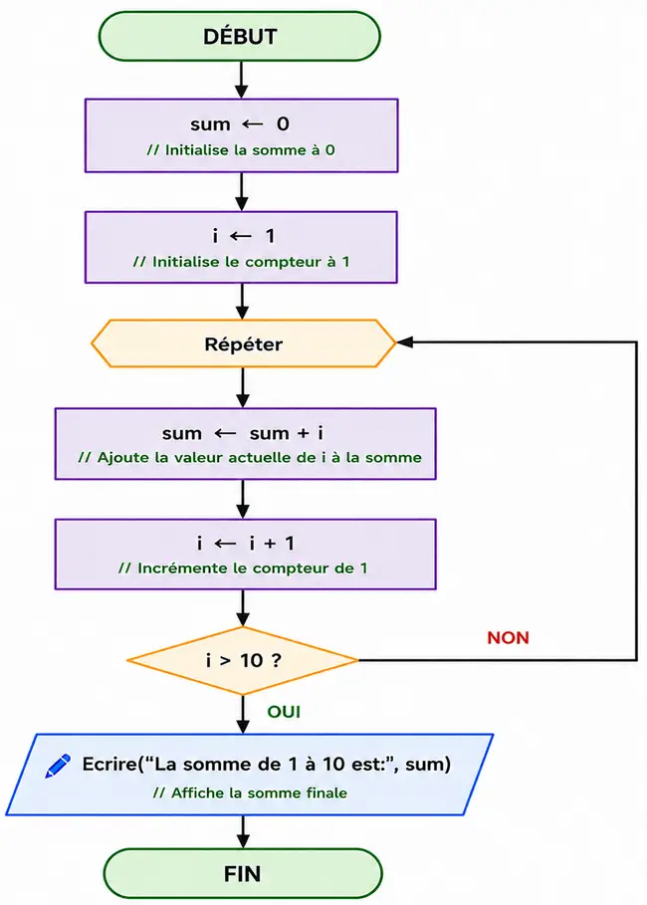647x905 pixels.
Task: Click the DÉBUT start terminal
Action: (x=240, y=37)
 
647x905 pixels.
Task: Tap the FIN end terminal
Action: (x=243, y=873)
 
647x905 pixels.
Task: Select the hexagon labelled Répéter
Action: (x=244, y=343)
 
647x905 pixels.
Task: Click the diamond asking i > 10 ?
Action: (x=243, y=660)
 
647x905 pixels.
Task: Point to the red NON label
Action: (x=508, y=638)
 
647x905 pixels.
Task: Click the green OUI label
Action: (x=284, y=712)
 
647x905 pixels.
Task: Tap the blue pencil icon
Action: (x=58, y=766)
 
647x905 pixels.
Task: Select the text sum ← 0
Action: (x=240, y=124)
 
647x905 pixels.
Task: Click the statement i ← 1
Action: (x=243, y=236)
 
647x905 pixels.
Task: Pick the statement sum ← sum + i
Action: (x=243, y=433)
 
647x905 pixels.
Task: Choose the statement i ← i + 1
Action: (x=245, y=544)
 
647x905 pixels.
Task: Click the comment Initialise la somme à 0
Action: (x=241, y=150)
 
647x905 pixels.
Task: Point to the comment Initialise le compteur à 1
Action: (x=241, y=262)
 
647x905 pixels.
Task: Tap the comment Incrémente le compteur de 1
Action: (x=243, y=568)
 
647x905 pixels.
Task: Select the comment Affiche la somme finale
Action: (x=250, y=792)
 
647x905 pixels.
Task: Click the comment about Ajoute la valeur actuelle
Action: (x=250, y=458)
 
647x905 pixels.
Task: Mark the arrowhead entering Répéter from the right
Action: (x=404, y=342)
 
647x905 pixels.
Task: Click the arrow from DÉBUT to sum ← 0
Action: (x=241, y=80)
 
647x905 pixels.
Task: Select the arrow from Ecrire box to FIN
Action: (x=243, y=831)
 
